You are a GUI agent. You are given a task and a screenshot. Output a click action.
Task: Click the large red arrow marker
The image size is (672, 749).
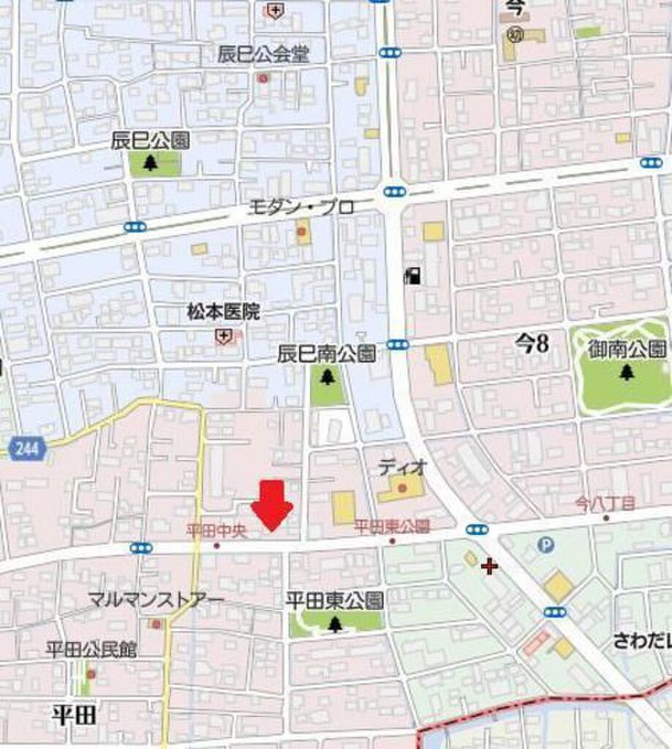[272, 504]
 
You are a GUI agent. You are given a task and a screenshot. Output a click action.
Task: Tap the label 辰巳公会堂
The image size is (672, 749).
[263, 53]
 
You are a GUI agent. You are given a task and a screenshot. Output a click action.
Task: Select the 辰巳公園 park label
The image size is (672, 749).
[151, 141]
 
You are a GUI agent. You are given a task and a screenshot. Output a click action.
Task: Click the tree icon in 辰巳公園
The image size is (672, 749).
[151, 163]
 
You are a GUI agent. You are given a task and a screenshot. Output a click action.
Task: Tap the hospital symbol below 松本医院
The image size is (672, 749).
[223, 336]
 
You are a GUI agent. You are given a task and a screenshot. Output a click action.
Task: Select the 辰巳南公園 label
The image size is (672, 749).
[326, 355]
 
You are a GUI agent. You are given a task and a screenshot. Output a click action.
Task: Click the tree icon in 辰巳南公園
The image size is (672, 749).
[326, 377]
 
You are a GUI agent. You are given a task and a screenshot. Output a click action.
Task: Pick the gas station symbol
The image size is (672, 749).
[412, 276]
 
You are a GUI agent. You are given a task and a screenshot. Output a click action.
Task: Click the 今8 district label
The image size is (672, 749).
[532, 344]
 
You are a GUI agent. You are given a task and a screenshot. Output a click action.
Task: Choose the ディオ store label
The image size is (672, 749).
[401, 466]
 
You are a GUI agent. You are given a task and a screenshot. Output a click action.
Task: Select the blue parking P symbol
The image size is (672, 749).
[545, 543]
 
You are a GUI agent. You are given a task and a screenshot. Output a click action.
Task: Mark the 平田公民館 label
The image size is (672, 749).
[91, 649]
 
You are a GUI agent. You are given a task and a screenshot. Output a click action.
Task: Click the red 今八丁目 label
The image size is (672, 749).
[605, 503]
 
